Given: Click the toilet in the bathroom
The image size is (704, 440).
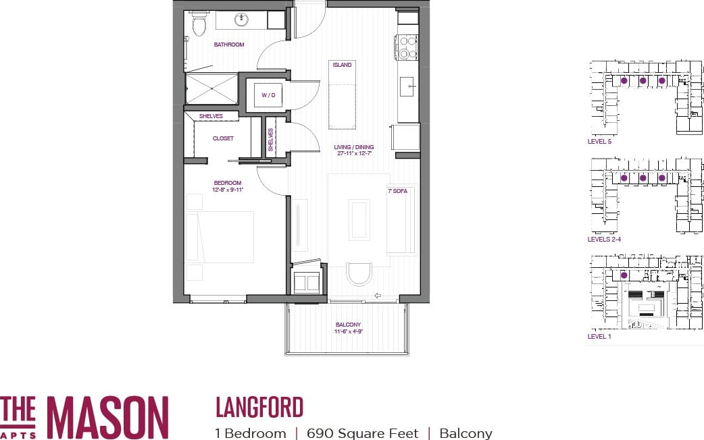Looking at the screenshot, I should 199,25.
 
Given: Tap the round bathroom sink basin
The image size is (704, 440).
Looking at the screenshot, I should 241,20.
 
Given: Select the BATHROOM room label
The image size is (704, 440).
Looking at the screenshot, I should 229,45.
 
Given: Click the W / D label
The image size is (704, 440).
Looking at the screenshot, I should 268,95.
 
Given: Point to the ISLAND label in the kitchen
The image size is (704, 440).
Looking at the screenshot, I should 342,65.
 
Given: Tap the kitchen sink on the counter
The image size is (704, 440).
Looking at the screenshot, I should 407,86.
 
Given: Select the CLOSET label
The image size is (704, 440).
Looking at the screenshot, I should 223,138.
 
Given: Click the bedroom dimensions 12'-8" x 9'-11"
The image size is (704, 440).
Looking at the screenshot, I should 228,190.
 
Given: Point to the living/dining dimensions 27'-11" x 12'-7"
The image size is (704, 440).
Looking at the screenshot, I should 354,154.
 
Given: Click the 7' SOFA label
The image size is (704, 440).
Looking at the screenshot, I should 397,192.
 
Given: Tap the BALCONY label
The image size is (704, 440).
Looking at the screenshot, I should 348,325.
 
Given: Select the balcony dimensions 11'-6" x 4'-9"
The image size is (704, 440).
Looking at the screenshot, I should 348,331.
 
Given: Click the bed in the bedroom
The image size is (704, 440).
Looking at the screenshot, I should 220,236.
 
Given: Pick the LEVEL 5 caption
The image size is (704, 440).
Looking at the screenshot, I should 600,142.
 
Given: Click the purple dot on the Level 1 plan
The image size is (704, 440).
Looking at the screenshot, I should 624,275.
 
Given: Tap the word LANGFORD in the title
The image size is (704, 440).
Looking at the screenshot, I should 259,408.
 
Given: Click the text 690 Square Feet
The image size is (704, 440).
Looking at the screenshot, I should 362,433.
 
